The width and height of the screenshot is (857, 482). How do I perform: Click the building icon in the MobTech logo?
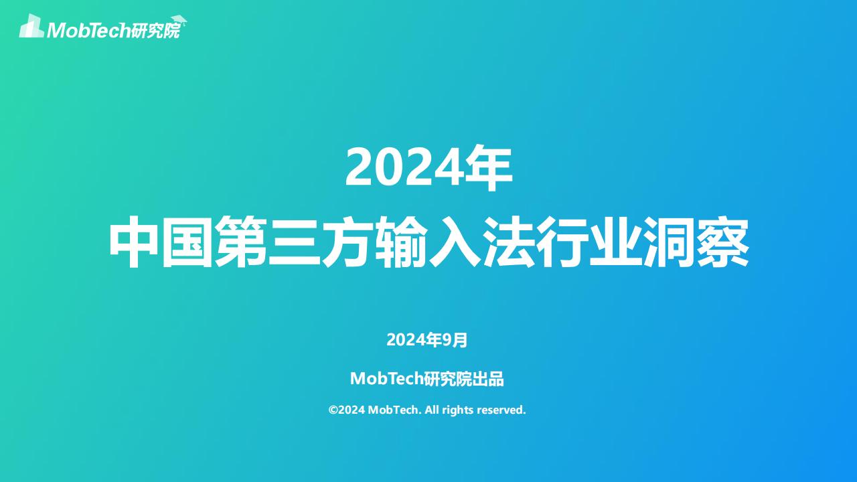coord(31,26)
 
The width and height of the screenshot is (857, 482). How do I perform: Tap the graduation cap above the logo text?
coord(179,20)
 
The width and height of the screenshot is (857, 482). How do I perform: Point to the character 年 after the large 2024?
coord(489,168)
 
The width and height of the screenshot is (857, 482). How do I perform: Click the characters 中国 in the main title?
coord(161,242)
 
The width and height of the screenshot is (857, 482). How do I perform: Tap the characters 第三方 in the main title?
coord(294,242)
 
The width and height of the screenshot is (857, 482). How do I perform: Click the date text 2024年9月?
coord(427,339)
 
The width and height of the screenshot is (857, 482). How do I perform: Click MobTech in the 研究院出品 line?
coord(386,379)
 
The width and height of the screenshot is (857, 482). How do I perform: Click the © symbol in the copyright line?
coord(333,410)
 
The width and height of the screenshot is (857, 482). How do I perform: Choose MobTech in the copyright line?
coord(395,410)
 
